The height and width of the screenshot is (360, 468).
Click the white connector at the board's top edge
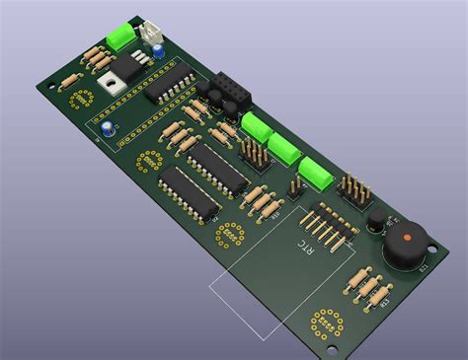click(x=153, y=33)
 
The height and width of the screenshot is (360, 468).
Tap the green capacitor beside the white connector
click(x=121, y=36)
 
